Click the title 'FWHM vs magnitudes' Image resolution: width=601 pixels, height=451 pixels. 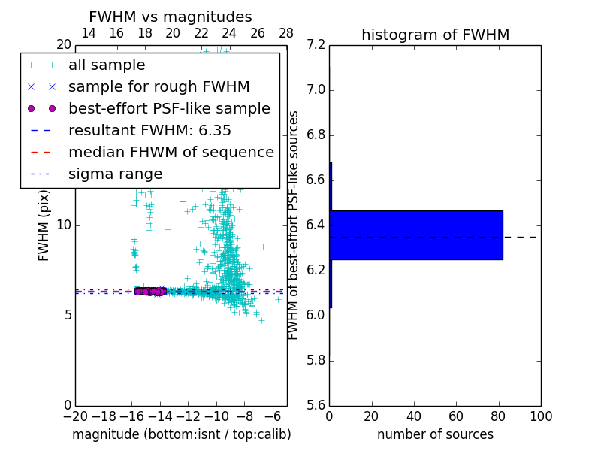coord(171,17)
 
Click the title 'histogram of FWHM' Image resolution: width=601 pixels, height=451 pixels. coord(435,35)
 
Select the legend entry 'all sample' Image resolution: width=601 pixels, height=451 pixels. coord(107,65)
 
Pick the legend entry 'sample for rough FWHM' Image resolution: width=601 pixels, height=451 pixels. coord(159,87)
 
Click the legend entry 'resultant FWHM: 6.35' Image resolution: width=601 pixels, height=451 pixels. coord(149,131)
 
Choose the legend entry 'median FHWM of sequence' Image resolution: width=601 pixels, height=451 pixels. coord(171,153)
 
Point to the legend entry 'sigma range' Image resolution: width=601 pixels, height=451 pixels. coord(115,174)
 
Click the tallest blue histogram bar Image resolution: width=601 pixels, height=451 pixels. coord(416,235)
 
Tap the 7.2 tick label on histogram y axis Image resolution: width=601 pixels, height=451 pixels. coord(316,45)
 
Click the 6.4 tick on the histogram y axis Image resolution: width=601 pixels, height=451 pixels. coord(316,225)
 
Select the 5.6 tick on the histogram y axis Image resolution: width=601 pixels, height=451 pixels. coord(316,405)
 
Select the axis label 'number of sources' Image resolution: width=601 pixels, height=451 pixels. coord(435,435)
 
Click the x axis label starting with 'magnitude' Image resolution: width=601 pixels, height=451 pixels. coord(181,435)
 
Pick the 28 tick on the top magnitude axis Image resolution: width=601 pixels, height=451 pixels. coord(286,34)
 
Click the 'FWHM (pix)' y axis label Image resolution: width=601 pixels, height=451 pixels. coord(44,225)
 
